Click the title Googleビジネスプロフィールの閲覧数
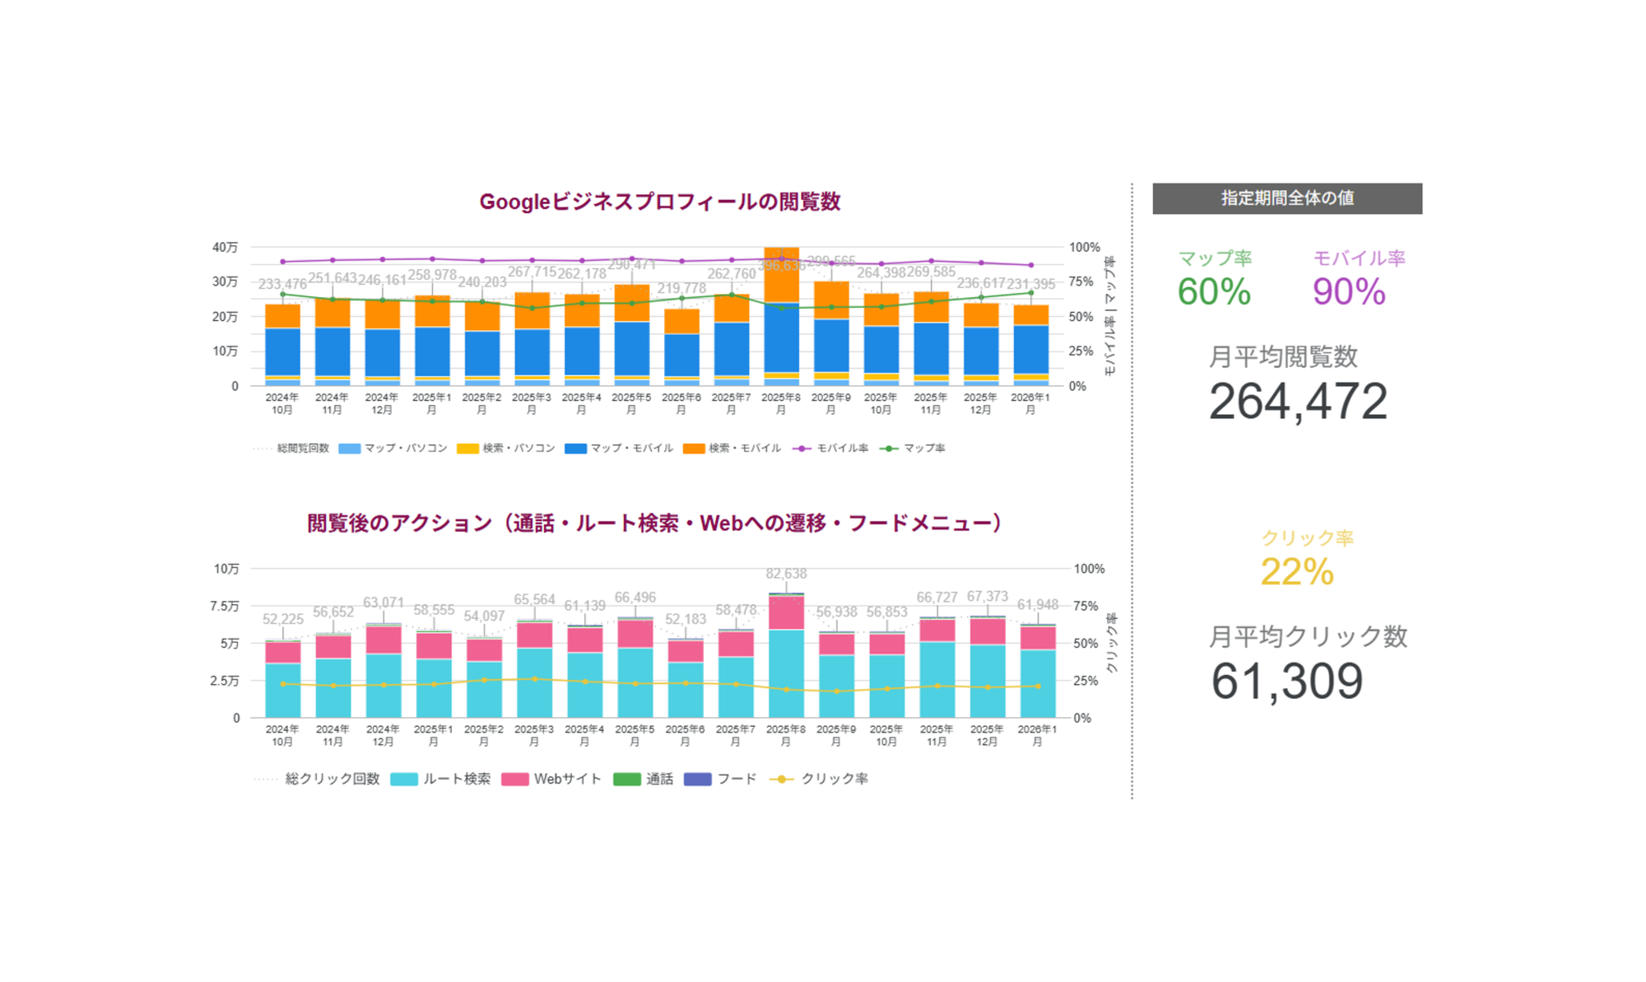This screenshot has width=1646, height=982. point(659,202)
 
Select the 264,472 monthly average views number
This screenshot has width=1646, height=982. point(1298,403)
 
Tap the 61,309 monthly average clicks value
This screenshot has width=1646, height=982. point(1286,682)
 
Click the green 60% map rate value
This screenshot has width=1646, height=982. point(1214,292)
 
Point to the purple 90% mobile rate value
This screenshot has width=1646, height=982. point(1349,292)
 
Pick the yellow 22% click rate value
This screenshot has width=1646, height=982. point(1297,572)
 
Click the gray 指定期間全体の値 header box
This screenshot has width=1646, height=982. point(1287,198)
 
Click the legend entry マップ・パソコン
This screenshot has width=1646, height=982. point(393,449)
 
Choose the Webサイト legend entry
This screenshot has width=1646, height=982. point(551,779)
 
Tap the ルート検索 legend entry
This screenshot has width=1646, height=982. point(441,779)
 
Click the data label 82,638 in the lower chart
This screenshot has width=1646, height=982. point(786,574)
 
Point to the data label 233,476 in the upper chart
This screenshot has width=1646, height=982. point(282,284)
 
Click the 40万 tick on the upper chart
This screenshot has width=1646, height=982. point(225,247)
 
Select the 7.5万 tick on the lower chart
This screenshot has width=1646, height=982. point(225,606)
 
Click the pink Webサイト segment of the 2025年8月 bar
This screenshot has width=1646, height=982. point(786,612)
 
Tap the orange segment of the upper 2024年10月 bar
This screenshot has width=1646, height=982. point(282,316)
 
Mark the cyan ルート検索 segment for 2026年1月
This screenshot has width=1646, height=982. point(1038,683)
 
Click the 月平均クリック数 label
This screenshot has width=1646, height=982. point(1308,636)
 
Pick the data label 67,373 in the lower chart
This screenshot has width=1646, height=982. point(988,596)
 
